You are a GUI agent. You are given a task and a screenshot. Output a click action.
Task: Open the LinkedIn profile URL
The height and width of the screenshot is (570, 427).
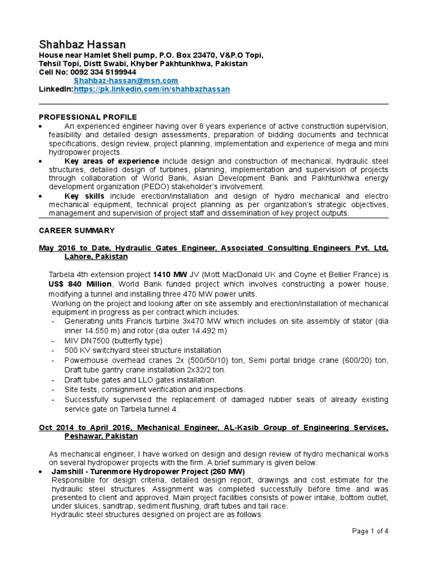pos(152,89)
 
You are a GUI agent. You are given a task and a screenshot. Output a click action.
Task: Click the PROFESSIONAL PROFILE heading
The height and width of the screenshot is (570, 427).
pos(87,117)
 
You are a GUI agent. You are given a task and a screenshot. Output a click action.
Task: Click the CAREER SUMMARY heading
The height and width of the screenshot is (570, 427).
pos(77,230)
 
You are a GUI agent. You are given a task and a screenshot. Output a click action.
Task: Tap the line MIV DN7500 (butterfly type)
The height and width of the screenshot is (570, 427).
pos(113,340)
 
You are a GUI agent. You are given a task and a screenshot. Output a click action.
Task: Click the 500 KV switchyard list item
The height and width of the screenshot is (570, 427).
pos(142,350)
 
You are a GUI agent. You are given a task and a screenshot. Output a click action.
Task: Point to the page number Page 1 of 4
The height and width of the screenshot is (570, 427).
pos(370,531)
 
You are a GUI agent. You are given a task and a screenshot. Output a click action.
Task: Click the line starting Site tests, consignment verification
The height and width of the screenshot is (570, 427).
pos(155,390)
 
